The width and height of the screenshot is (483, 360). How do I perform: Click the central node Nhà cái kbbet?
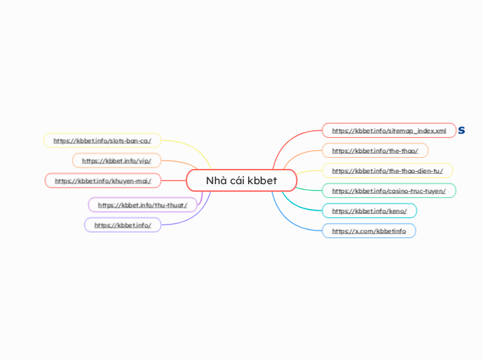coord(241,181)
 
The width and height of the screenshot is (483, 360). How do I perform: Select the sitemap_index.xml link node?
coord(389,130)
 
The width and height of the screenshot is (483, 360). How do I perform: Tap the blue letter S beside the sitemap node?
coord(462,130)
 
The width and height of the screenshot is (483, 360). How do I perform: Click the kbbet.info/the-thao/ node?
coord(375,150)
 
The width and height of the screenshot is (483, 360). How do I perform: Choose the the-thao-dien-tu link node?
coord(387,170)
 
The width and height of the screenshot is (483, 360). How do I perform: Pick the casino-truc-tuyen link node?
coord(389,190)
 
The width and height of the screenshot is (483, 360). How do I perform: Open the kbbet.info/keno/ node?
coord(369,210)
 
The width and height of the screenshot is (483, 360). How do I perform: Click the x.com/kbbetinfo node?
coord(369,231)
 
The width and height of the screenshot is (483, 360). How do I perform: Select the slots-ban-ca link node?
coord(102,141)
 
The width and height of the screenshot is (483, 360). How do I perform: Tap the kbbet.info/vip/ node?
coord(116,161)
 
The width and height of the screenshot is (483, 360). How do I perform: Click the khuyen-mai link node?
coord(103,181)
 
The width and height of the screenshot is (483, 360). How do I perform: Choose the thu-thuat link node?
coord(142,205)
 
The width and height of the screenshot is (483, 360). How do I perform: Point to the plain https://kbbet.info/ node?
coord(123,225)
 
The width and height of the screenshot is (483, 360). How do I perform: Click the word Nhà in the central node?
coord(217,181)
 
